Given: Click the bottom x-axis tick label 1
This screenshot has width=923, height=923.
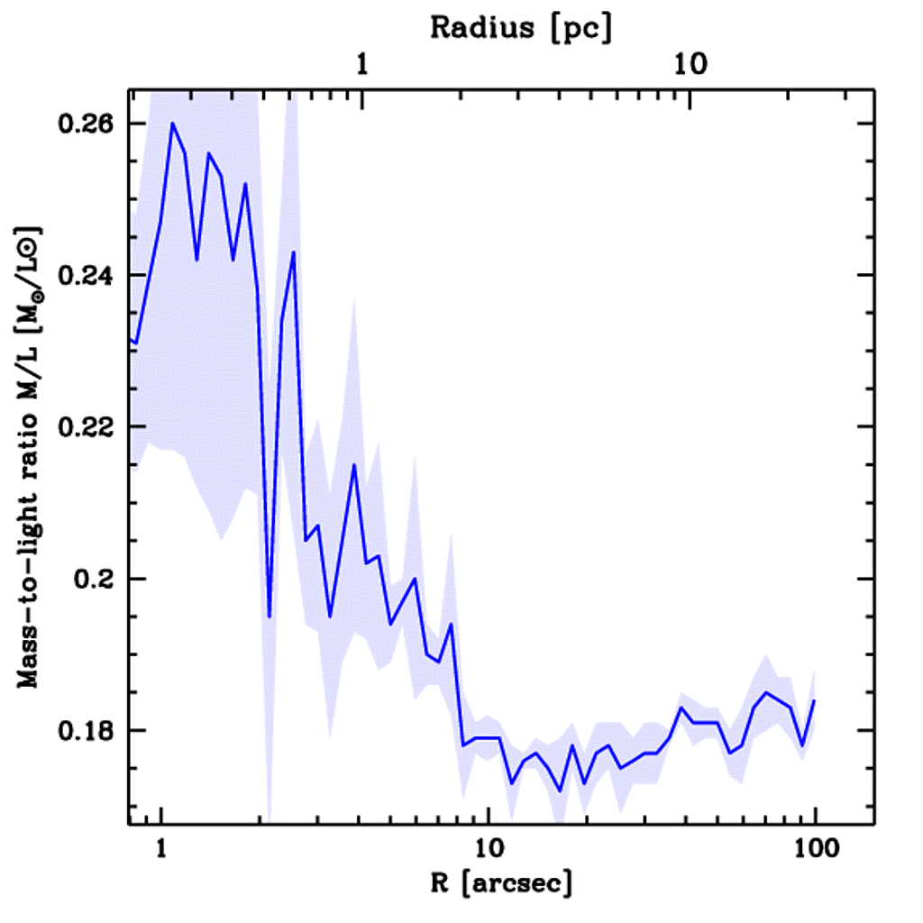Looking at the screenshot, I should point(161,849).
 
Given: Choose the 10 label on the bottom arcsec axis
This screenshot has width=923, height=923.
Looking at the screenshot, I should point(488,849).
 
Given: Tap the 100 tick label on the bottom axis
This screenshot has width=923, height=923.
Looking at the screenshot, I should point(814,849).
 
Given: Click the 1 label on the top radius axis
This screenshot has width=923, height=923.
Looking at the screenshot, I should point(362,64).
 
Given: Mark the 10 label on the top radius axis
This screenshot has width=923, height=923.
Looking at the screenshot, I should point(690,64).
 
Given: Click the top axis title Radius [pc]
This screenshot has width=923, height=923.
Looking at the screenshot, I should point(521,28).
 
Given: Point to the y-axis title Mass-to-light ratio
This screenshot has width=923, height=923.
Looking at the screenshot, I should point(31,455).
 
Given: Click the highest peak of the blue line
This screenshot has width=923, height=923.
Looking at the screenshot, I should point(172,123).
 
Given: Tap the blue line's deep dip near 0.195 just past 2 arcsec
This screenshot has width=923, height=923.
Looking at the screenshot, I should point(269,617).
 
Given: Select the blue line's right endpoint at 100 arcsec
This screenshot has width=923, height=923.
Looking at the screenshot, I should point(815,699).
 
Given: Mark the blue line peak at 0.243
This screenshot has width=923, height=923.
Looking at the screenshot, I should point(294,251).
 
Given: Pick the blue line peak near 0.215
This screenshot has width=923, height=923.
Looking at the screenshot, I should point(354,464).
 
